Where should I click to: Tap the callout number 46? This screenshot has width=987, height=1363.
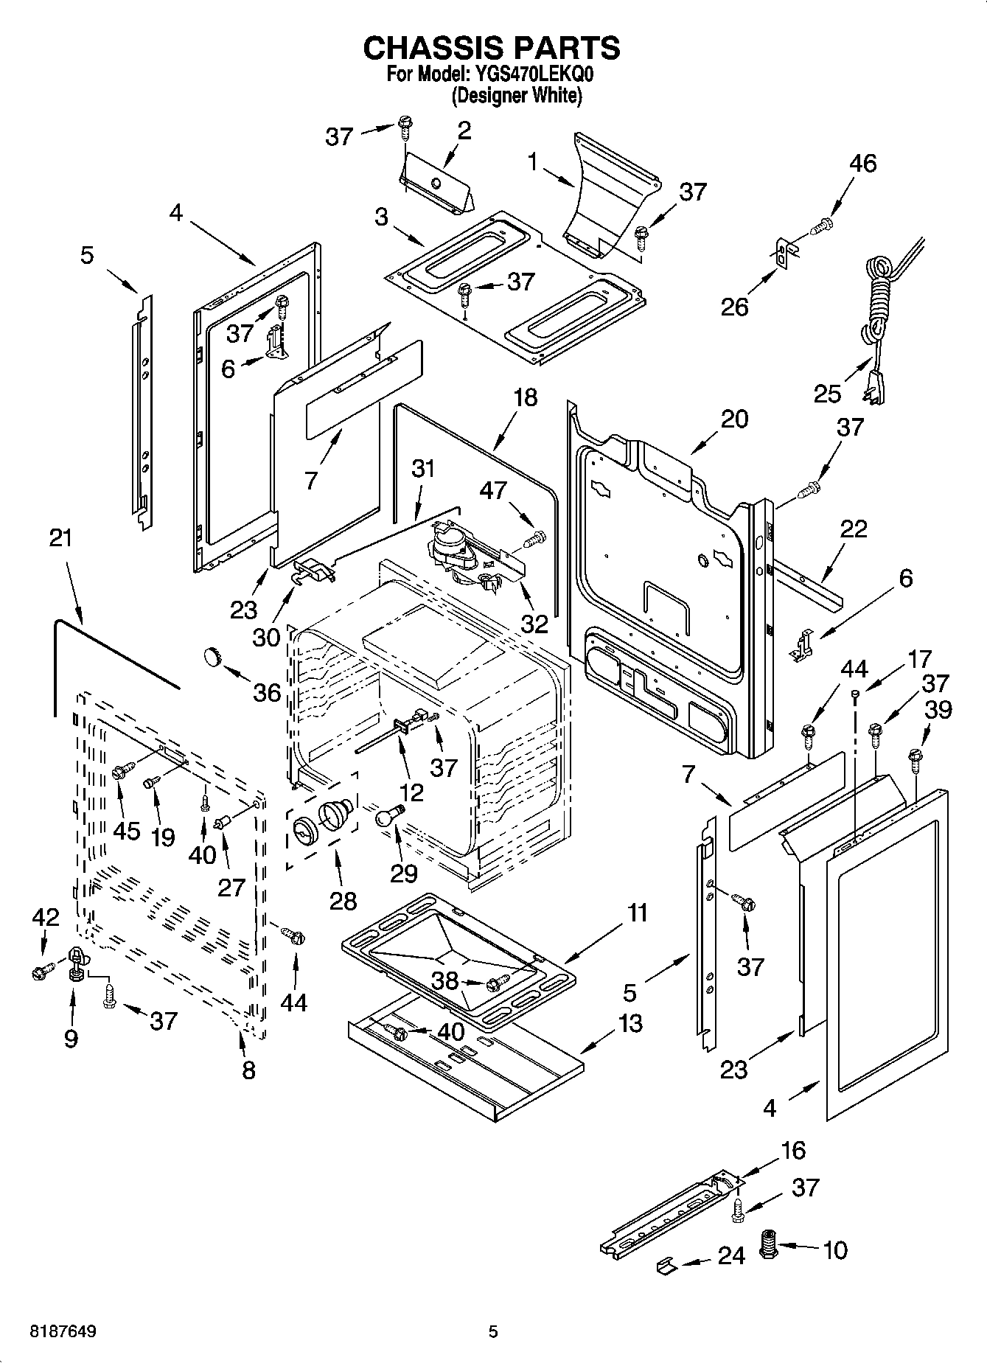pyautogui.click(x=862, y=163)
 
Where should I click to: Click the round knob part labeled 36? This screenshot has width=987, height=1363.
pyautogui.click(x=213, y=655)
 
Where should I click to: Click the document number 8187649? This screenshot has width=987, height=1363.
pyautogui.click(x=63, y=1331)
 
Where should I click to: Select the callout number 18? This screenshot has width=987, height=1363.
pyautogui.click(x=525, y=398)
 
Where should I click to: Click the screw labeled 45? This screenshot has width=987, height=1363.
pyautogui.click(x=122, y=771)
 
